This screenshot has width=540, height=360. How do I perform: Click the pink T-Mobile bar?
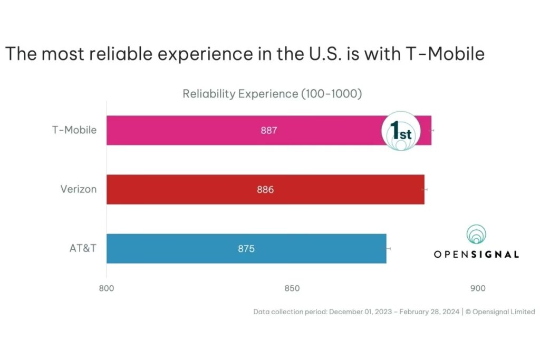coord(211,130)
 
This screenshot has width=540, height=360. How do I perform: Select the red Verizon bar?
coord(211,189)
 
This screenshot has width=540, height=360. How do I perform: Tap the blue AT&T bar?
coord(185,248)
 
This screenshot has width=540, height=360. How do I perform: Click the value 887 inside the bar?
coord(269,130)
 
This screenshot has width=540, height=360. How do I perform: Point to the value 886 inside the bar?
coord(265,189)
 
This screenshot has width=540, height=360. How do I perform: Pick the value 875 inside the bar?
coord(246,248)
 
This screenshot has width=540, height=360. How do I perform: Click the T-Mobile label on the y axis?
coord(74,130)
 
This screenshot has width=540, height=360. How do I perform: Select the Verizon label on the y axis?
coord(79,189)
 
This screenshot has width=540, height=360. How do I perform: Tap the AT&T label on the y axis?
coord(83,248)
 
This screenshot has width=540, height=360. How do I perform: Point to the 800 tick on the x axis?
coord(107,288)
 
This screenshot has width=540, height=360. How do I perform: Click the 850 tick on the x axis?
coord(292,288)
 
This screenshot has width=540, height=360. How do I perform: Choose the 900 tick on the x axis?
coord(477,288)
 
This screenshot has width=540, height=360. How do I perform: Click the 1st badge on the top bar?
coord(400,131)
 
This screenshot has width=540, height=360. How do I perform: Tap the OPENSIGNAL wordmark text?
coord(476,254)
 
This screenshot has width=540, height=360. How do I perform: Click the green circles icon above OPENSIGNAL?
coord(476,235)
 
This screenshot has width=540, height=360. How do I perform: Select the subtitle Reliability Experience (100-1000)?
coord(272,94)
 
